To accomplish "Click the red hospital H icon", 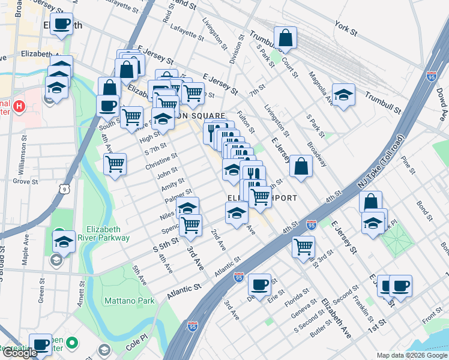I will pos(19,107).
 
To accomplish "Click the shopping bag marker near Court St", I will pos(286,37).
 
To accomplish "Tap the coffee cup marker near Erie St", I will pos(259,284).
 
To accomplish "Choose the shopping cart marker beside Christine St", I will pos(115,163).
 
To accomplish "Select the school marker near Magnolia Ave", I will pos(343,95).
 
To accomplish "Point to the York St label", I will pos(346,28).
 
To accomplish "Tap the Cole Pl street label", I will pos(136,347).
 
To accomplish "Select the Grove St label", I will pos(26,181).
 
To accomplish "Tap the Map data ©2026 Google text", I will pos(411,355).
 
